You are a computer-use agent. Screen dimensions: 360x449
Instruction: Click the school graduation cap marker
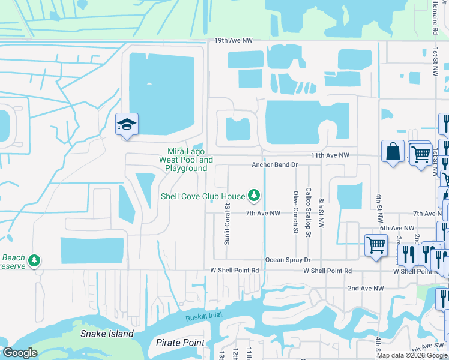pyautogui.click(x=127, y=125)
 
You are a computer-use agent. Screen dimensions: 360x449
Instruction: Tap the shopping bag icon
pyautogui.click(x=393, y=151)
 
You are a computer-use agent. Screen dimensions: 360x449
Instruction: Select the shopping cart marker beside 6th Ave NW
pyautogui.click(x=376, y=244)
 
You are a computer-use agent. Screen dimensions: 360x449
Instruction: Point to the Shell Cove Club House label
pyautogui.click(x=203, y=196)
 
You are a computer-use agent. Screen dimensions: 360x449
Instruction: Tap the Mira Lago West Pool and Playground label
pyautogui.click(x=186, y=160)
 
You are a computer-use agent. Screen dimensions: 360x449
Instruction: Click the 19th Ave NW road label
pyautogui.click(x=234, y=41)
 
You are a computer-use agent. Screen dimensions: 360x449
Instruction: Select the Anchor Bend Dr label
pyautogui.click(x=274, y=164)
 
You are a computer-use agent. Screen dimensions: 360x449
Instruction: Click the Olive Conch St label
pyautogui.click(x=295, y=212)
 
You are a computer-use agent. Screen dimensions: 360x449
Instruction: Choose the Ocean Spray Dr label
pyautogui.click(x=288, y=260)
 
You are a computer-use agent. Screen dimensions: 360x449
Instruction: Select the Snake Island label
pyautogui.click(x=107, y=333)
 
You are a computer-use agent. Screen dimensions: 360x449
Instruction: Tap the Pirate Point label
pyautogui.click(x=180, y=343)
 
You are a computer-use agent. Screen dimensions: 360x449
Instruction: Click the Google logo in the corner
pyautogui.click(x=20, y=353)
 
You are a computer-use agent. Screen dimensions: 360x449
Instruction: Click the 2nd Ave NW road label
pyautogui.click(x=366, y=288)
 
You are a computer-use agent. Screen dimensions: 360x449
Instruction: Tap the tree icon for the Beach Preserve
pyautogui.click(x=35, y=260)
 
